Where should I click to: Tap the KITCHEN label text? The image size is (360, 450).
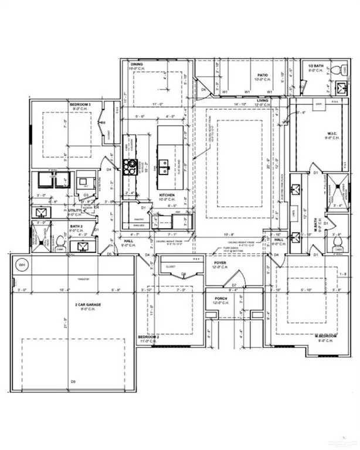pos(169,195)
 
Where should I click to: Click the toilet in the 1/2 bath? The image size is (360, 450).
pos(336,70)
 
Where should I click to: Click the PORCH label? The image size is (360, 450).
pos(220,298)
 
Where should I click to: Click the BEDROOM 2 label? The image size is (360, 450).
pos(149,337)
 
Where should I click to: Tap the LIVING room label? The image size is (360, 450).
pos(265,101)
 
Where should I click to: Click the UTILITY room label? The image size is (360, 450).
pos(75,209)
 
